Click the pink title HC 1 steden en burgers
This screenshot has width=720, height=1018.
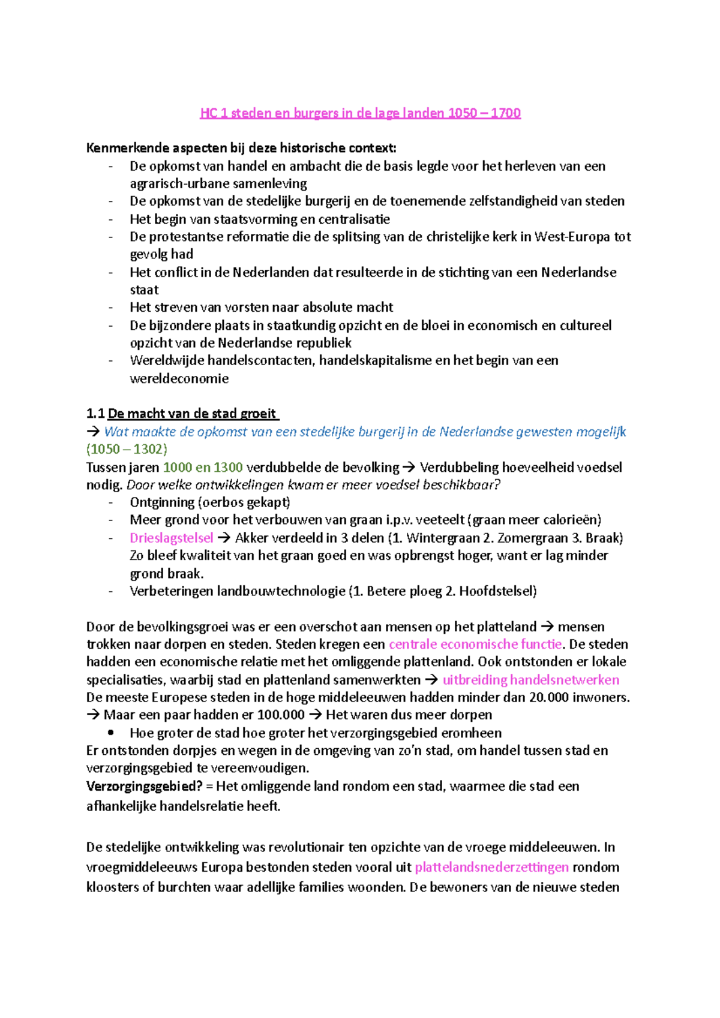tap(360, 113)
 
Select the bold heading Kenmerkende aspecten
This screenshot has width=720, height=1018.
tap(241, 148)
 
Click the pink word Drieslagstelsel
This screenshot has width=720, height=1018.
tap(171, 538)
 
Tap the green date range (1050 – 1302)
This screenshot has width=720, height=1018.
tap(127, 449)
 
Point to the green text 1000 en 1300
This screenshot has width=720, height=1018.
tap(203, 467)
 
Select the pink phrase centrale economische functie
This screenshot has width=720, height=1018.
tap(475, 644)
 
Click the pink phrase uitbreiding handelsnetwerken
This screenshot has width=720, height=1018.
tap(530, 680)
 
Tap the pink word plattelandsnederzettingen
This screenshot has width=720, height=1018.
tap(491, 867)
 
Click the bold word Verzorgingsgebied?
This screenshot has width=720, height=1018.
tap(144, 786)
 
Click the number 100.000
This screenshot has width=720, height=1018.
tap(281, 715)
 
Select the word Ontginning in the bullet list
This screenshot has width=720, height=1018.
tap(162, 502)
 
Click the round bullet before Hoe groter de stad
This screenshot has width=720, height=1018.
tap(110, 733)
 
